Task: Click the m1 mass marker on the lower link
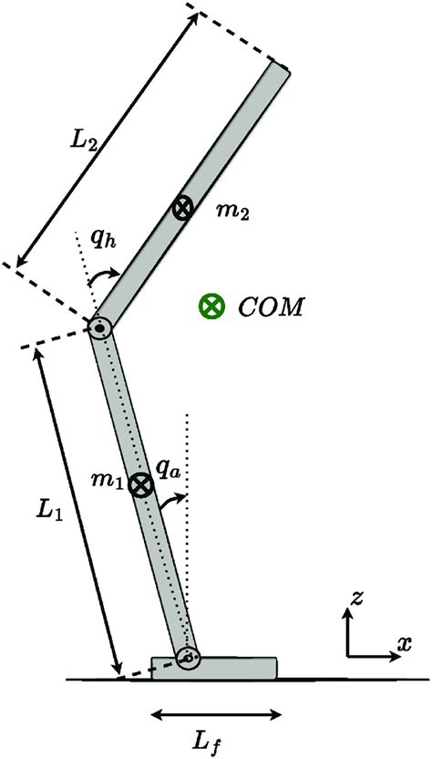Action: coord(139,485)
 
